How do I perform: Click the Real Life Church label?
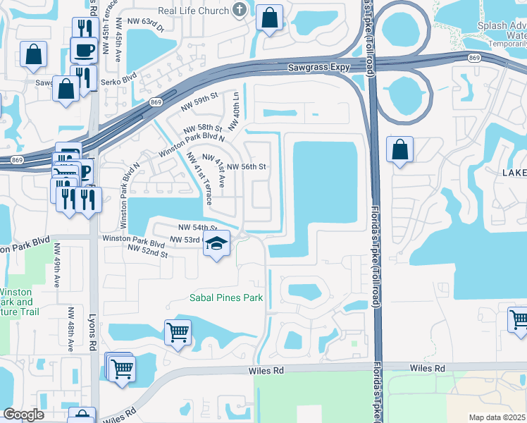tap(194, 10)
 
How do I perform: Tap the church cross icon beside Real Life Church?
tap(240, 10)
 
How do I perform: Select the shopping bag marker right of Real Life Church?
tap(270, 18)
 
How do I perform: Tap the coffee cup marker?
tap(84, 51)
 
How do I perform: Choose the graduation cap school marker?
tap(217, 244)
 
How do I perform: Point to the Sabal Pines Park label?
tap(226, 298)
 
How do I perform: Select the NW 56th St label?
tap(246, 167)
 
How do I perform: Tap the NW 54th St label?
tap(197, 228)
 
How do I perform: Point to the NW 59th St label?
tap(198, 102)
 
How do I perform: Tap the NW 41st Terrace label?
tap(199, 179)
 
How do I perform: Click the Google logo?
tap(23, 415)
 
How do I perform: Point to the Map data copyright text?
tap(497, 417)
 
